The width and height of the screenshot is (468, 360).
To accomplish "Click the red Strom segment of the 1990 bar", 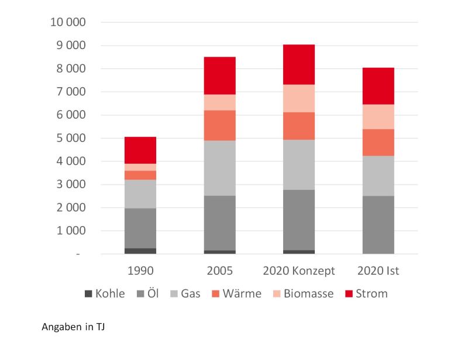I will tap(140, 150).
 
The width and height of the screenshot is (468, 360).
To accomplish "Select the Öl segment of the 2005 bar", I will tap(219, 223).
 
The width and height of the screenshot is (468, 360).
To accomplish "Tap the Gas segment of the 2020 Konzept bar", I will tap(299, 164).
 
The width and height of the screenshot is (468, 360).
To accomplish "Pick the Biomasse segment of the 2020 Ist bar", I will tap(378, 116).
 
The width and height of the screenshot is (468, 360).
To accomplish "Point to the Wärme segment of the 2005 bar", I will tap(219, 125).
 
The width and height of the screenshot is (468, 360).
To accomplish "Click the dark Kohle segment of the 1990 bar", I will tap(140, 251).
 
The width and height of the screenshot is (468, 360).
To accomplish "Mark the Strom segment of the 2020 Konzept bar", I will tap(299, 64).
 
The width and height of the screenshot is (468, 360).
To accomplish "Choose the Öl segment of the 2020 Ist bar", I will tap(378, 224).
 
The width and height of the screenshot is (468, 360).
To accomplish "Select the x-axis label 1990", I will tap(140, 271).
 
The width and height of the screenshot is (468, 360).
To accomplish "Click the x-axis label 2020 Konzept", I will tap(299, 271).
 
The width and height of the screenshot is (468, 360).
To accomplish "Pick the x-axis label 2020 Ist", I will tap(378, 271).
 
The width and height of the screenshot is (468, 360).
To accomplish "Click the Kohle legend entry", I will tap(105, 293).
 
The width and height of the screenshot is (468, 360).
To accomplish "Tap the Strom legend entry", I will tap(366, 293).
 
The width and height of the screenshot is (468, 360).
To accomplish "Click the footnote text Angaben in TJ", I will tap(73, 327).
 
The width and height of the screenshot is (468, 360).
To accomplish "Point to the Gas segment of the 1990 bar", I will tap(140, 193).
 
